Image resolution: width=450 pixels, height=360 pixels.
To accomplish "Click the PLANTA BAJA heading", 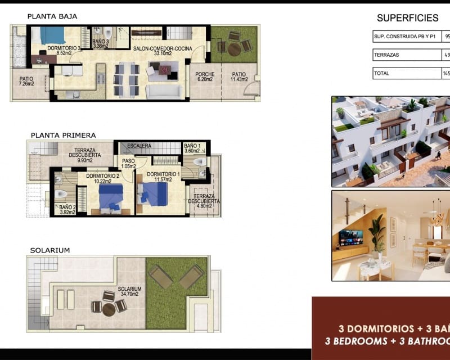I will click(x=52, y=16).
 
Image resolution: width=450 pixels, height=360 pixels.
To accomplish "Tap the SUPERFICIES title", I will click(x=407, y=17).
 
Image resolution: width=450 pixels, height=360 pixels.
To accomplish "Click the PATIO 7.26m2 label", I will click(x=26, y=81).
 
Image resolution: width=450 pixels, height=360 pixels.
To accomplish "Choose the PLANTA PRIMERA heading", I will click(x=63, y=135).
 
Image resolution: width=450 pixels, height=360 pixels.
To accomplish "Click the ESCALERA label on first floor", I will click(x=139, y=146).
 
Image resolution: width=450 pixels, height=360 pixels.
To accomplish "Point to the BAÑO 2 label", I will click(x=67, y=210).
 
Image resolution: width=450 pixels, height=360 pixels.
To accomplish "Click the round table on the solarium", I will click(x=109, y=309).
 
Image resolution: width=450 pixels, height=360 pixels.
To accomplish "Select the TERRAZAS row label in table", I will click(x=386, y=55).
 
